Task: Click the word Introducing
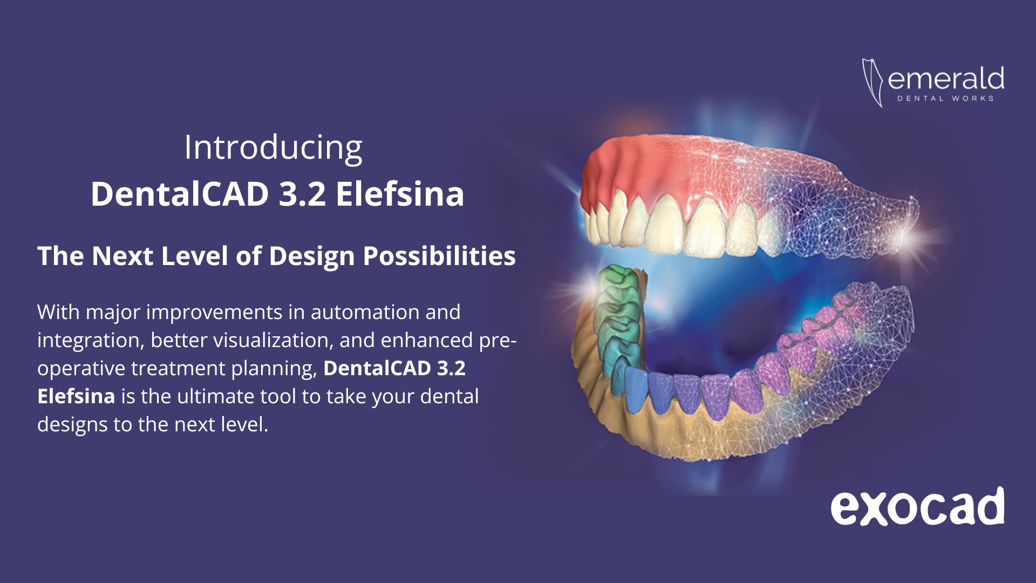click(273, 147)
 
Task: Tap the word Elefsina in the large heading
click(400, 194)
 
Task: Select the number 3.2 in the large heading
click(302, 194)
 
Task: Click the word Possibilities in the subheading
click(439, 256)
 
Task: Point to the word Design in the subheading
click(311, 256)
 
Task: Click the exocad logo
click(917, 507)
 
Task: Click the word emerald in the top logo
click(945, 79)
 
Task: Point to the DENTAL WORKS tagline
click(945, 98)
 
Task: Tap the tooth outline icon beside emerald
click(872, 83)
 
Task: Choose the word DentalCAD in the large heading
click(180, 194)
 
